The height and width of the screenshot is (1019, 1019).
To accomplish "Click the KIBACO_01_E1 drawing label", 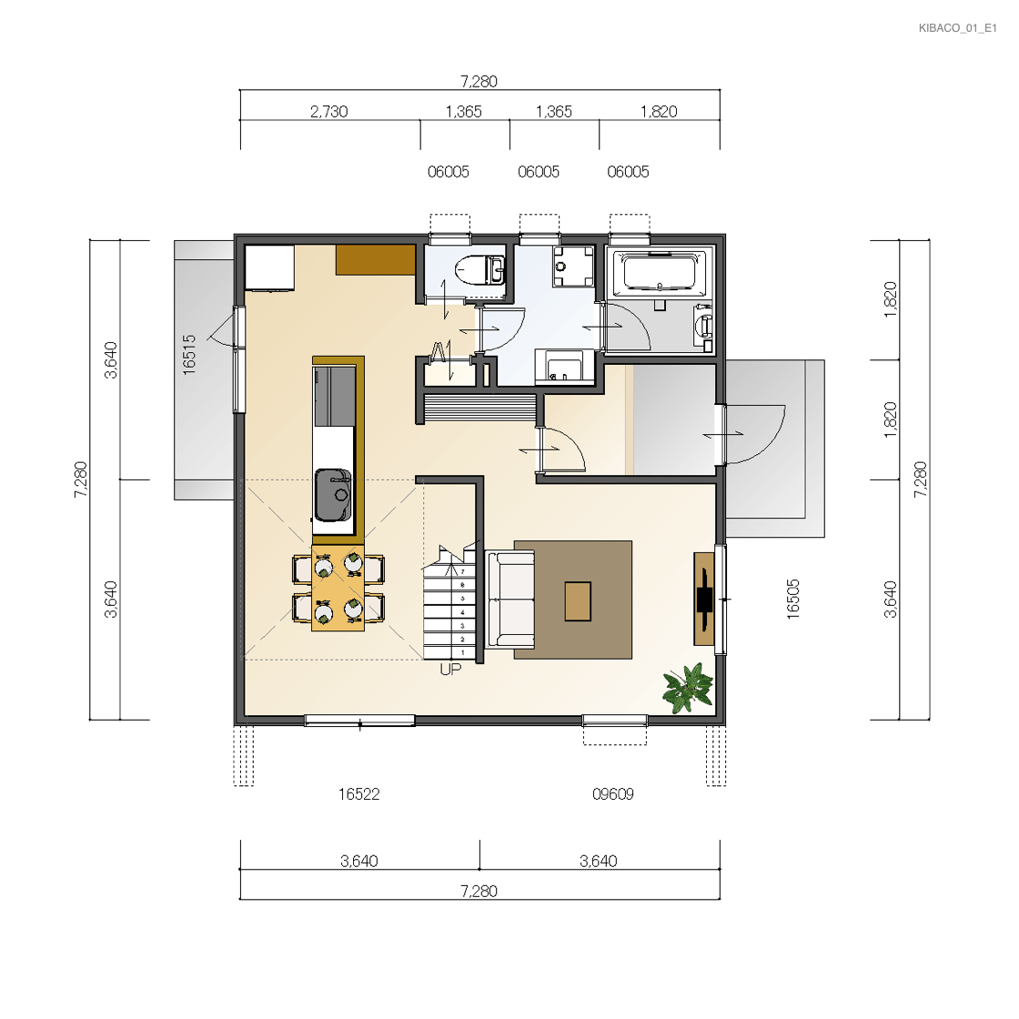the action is (957, 28).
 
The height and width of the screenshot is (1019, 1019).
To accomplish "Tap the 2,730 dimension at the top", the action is (328, 112).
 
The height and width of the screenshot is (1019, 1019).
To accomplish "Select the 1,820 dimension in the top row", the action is (659, 112).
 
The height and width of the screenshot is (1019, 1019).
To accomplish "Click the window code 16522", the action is (358, 794).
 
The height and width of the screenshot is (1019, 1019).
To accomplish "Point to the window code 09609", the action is (613, 794).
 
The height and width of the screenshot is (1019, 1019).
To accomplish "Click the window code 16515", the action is (189, 354).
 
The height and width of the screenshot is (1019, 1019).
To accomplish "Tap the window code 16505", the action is (792, 600).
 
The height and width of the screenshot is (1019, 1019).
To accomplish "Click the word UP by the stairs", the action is (450, 670).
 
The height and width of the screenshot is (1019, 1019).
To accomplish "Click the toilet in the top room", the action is (480, 270).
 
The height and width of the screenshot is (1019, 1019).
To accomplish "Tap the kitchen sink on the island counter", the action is (333, 495).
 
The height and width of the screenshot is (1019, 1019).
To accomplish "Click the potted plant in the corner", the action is (688, 688).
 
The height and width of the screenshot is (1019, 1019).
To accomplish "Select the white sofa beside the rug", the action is (510, 600).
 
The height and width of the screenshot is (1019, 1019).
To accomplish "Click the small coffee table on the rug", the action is (578, 601).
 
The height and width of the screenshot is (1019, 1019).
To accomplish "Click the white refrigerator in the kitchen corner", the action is (269, 267).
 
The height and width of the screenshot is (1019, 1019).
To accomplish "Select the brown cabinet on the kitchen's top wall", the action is (376, 260).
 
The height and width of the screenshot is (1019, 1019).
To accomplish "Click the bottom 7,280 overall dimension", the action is (479, 891).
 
